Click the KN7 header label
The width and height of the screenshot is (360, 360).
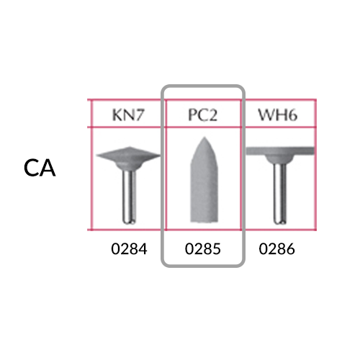click(128, 114)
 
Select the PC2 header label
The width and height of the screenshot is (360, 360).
click(203, 115)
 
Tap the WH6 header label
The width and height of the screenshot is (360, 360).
click(278, 114)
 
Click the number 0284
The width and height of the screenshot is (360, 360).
click(129, 249)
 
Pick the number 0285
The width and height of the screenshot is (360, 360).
click(203, 249)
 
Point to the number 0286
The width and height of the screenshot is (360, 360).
click(276, 249)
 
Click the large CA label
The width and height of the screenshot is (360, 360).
click(40, 168)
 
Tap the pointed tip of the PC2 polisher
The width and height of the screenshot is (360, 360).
click(204, 138)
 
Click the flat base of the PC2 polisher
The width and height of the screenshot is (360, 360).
click(204, 221)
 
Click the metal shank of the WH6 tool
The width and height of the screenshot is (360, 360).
click(280, 193)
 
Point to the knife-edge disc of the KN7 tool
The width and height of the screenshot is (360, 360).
click(128, 155)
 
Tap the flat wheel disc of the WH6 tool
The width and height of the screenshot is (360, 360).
click(280, 151)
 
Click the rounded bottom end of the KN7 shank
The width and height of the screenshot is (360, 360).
click(130, 222)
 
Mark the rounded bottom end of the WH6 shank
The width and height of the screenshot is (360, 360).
click(280, 222)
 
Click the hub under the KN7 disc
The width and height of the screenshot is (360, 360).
click(128, 165)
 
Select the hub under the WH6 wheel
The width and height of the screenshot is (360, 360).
click(280, 158)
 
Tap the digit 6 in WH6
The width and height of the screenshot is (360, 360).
click(292, 115)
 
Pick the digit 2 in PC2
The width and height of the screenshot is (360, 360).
click(213, 115)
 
